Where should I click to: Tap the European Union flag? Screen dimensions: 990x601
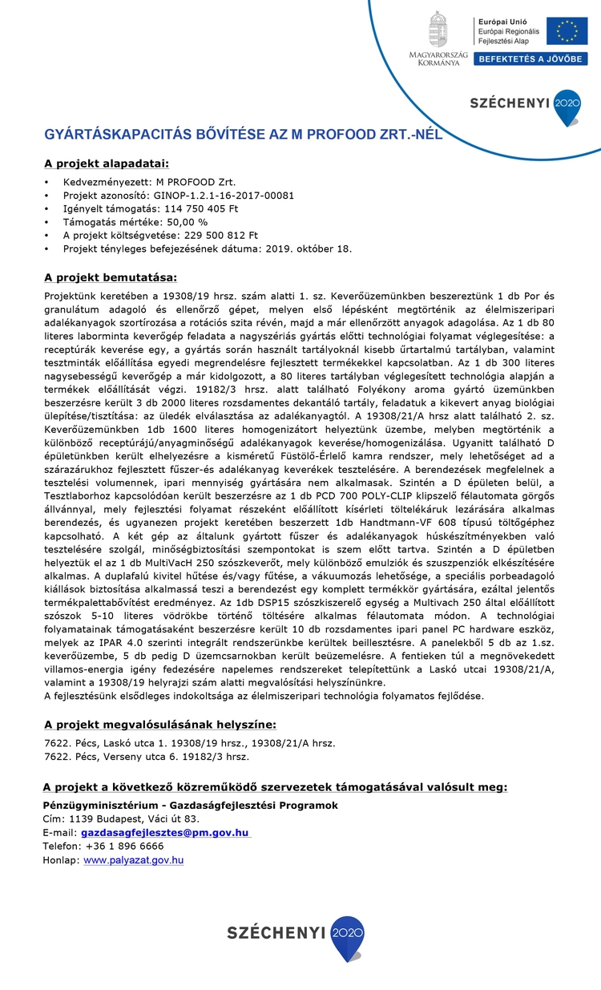click(x=567, y=30)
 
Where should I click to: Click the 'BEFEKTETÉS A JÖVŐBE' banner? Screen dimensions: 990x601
click(x=530, y=59)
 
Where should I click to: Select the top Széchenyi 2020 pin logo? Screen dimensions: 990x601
click(x=567, y=107)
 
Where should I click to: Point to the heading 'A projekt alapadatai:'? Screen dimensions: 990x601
click(x=106, y=164)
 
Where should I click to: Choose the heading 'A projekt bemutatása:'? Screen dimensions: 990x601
click(x=110, y=277)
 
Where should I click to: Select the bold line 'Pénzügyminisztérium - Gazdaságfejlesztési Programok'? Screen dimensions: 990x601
click(x=190, y=805)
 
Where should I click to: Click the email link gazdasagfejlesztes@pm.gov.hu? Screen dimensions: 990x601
click(x=166, y=833)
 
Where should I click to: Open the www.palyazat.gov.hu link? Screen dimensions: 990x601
click(x=134, y=860)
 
